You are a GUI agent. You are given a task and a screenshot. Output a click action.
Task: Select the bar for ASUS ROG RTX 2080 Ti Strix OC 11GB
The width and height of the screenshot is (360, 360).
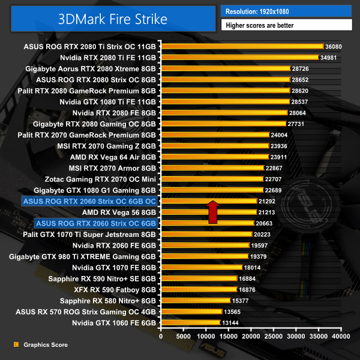tap(242, 46)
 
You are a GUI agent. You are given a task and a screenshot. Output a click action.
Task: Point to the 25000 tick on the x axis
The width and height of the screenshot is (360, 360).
tap(274, 337)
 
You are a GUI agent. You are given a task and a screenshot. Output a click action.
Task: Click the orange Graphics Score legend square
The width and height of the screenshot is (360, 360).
tap(16, 345)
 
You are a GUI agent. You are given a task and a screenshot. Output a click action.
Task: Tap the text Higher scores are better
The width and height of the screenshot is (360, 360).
tap(286, 25)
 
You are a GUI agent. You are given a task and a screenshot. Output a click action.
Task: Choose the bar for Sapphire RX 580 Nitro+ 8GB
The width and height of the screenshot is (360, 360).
tap(196, 300)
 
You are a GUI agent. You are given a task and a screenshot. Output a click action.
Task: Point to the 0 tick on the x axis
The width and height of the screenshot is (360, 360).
tap(161, 337)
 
